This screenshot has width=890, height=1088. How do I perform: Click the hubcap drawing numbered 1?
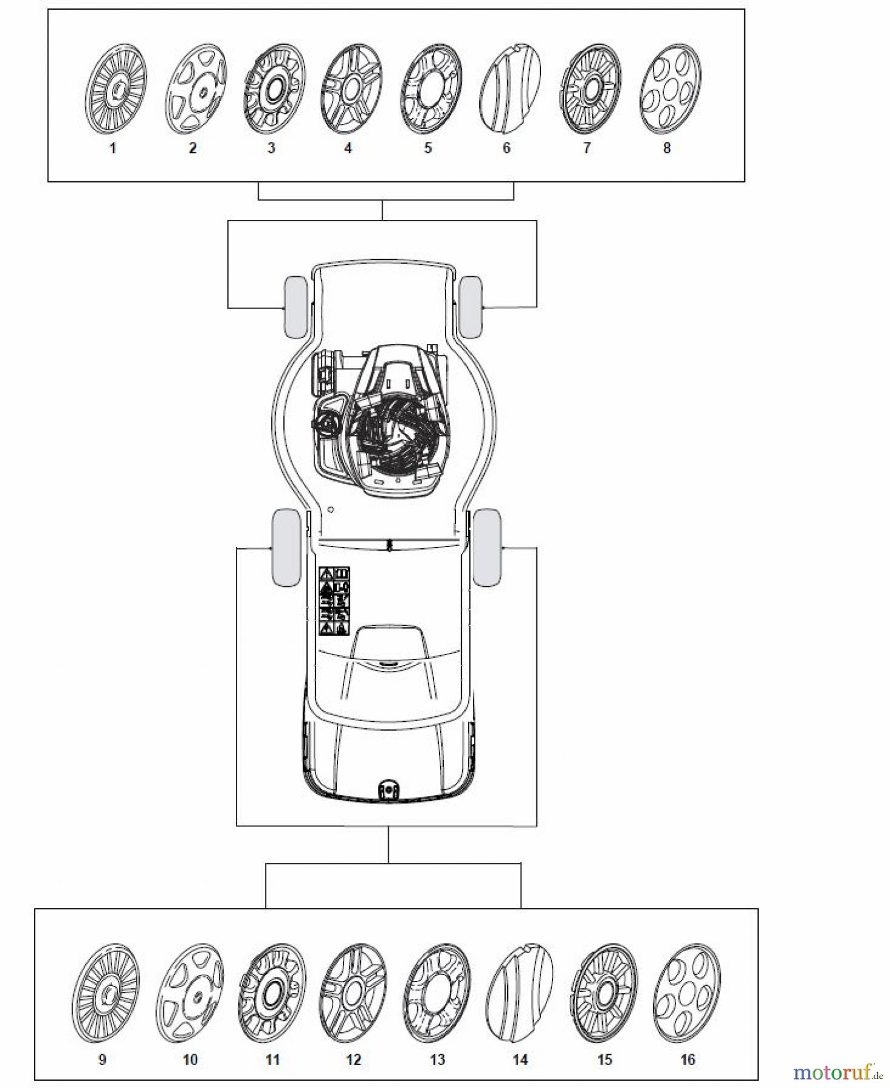tap(115, 88)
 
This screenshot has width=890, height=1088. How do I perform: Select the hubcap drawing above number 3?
tap(273, 89)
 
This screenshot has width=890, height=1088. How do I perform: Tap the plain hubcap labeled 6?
tap(509, 89)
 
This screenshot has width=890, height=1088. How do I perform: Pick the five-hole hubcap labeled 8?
tap(669, 89)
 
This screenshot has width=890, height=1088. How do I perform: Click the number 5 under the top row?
tap(427, 148)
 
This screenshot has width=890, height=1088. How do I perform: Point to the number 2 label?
tap(192, 148)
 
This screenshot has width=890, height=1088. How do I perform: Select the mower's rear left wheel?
tap(287, 547)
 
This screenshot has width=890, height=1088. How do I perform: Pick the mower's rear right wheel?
tap(487, 547)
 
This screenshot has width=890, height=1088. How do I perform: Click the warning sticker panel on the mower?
tap(334, 601)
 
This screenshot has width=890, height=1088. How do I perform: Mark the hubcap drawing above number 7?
tap(590, 89)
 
